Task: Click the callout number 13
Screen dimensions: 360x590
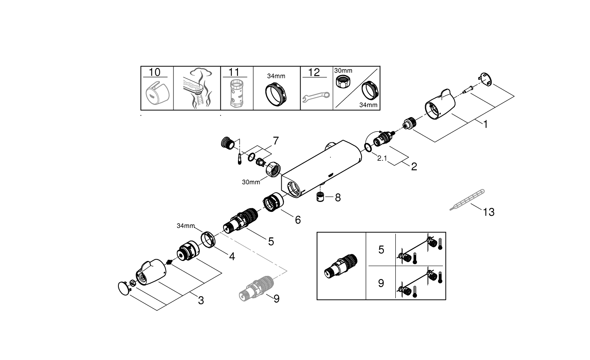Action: click(489, 212)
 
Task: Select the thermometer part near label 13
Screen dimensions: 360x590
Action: click(467, 200)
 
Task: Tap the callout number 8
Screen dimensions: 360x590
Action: click(337, 197)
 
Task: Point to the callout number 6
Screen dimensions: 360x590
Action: click(298, 220)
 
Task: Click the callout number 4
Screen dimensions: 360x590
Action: click(232, 257)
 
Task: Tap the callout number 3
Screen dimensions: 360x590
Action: click(201, 301)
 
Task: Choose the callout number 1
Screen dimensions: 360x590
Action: click(485, 124)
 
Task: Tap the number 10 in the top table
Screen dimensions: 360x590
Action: click(155, 72)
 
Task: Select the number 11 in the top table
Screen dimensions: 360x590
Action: click(234, 72)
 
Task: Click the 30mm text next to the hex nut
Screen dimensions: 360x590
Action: click(251, 182)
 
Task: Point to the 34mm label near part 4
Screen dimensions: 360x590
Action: click(186, 226)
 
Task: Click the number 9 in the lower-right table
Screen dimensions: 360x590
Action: click(381, 283)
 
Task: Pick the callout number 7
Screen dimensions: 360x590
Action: click(275, 140)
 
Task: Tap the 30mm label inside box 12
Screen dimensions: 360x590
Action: click(343, 71)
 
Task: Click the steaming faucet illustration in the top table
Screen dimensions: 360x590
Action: click(197, 88)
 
